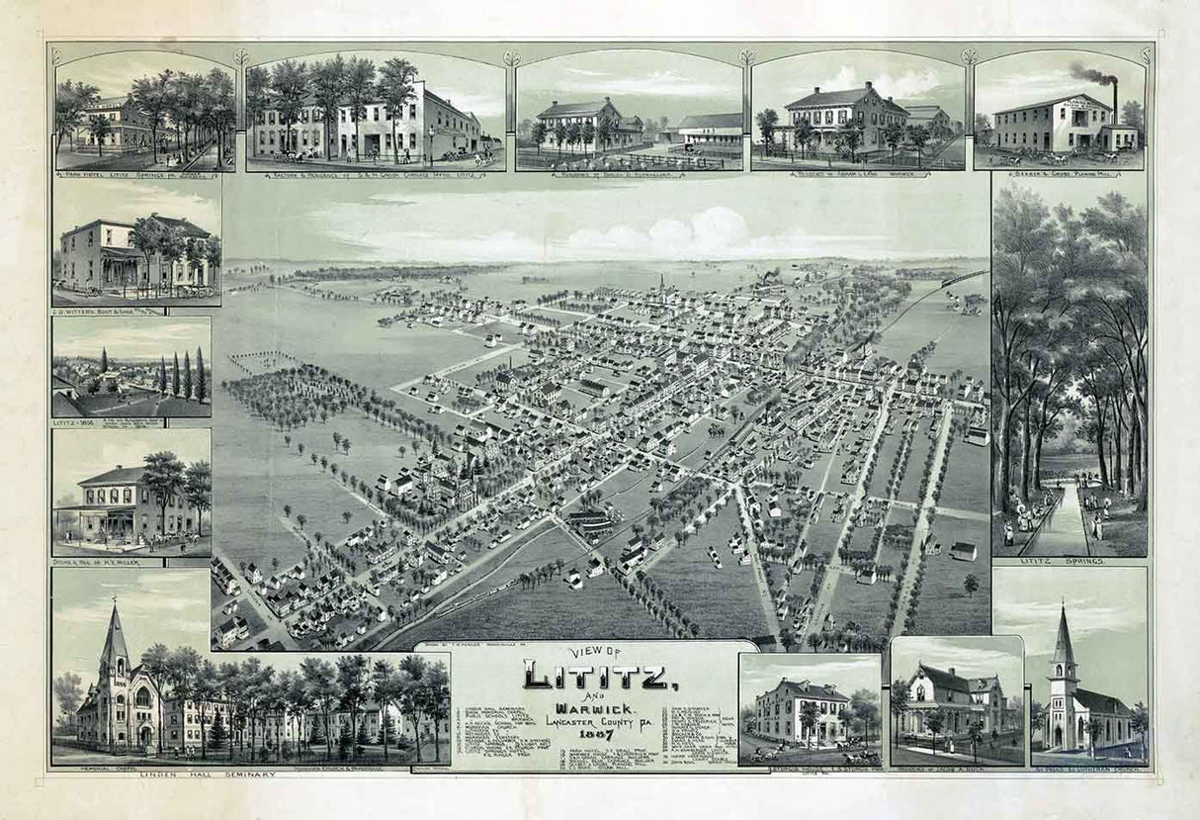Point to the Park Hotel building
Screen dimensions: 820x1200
point(117,124)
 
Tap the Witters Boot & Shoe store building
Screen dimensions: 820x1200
point(114,255)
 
